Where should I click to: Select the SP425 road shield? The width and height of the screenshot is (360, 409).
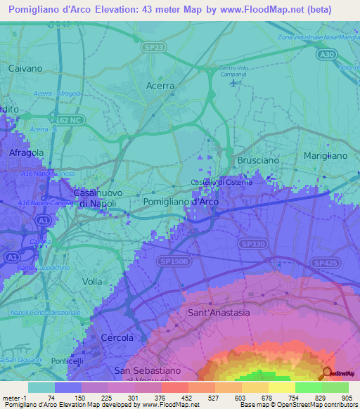323,261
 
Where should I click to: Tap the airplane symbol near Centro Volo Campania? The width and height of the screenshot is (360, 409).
233,83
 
